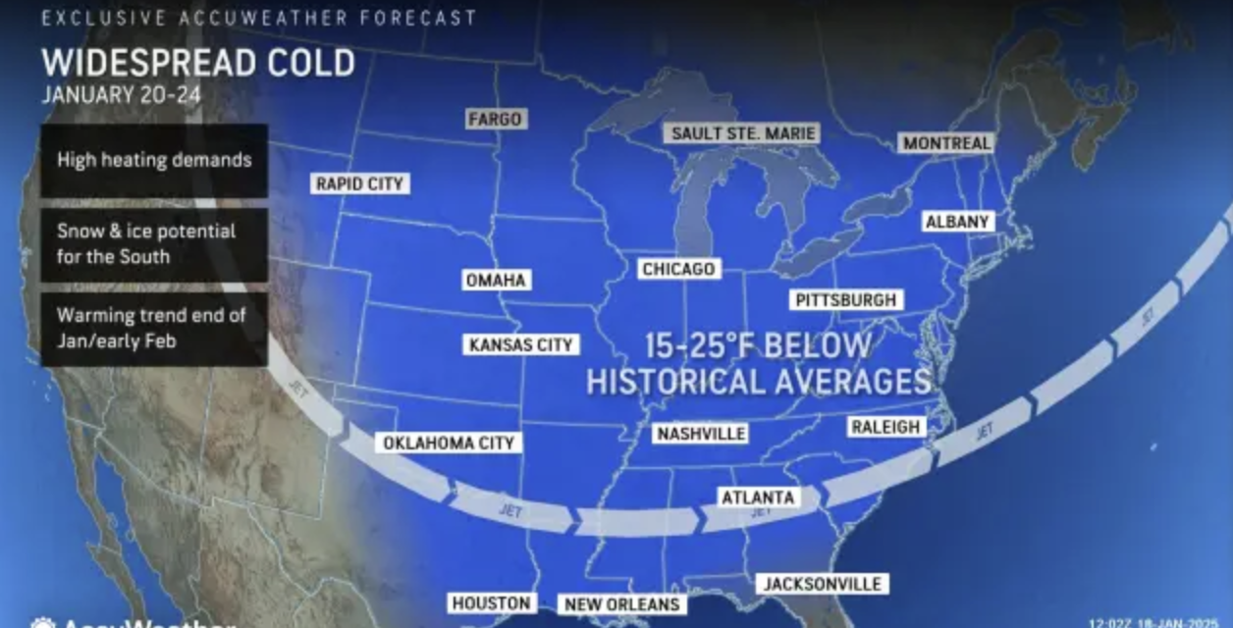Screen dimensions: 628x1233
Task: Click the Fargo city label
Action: click(x=495, y=119)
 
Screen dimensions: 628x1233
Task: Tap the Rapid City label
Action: click(x=359, y=183)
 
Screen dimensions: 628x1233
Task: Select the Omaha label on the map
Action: click(x=497, y=281)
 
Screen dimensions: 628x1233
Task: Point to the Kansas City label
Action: click(x=520, y=344)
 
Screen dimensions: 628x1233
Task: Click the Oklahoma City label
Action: click(x=448, y=444)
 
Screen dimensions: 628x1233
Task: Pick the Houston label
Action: click(x=492, y=602)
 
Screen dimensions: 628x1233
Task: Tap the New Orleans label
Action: click(x=619, y=603)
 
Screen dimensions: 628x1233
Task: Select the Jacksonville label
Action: click(x=823, y=584)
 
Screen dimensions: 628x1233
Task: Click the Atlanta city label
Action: click(x=757, y=497)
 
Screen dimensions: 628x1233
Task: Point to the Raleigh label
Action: click(x=885, y=427)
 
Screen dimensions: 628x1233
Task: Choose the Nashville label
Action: click(x=701, y=433)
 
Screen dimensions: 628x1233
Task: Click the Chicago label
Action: click(x=678, y=269)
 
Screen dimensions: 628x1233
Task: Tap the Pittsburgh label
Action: click(x=845, y=300)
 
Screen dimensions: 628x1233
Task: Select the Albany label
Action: click(x=957, y=222)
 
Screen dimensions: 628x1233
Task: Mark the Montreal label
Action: click(x=946, y=143)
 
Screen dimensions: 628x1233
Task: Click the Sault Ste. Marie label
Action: click(x=742, y=133)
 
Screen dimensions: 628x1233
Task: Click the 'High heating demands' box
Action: click(x=154, y=160)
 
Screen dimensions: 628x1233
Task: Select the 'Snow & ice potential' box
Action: click(x=154, y=244)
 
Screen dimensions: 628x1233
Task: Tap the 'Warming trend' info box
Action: click(x=154, y=329)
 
